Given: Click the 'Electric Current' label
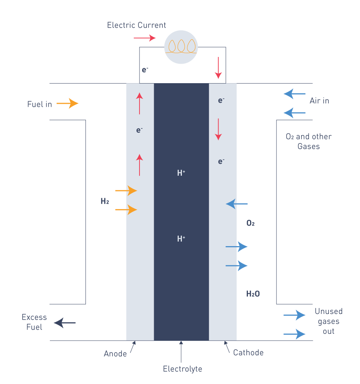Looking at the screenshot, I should (x=136, y=25).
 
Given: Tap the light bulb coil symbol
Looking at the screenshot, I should (x=181, y=46).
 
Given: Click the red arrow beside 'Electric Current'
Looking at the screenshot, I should (x=144, y=38).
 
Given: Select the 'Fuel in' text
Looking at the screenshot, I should (x=39, y=104).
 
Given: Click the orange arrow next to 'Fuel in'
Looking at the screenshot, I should (x=67, y=103).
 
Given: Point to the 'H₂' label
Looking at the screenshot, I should (x=105, y=202).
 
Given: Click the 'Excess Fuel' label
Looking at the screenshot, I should (x=34, y=322).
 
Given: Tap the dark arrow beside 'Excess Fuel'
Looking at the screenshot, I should (x=65, y=323).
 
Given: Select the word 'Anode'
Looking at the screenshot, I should (x=115, y=354).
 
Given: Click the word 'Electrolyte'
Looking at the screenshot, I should (x=182, y=369).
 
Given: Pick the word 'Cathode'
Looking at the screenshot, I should (x=248, y=353).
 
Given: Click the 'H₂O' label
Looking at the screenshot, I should (x=253, y=294).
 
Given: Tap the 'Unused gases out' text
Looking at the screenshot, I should (x=328, y=321).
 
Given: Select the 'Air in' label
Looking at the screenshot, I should (x=319, y=101).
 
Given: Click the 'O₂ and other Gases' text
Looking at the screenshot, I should (x=309, y=142).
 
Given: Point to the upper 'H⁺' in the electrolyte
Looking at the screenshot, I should (x=181, y=173).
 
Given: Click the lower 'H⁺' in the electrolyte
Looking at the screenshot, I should (x=181, y=239).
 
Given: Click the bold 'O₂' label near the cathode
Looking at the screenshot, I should (x=250, y=224).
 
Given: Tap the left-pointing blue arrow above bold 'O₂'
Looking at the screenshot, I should (x=237, y=204).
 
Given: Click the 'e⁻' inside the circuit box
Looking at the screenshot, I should (x=145, y=70).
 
